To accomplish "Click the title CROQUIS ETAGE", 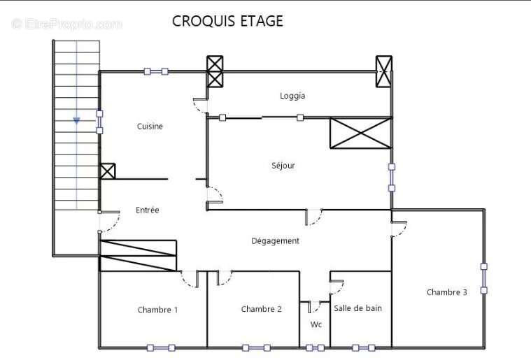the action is pyautogui.click(x=227, y=21).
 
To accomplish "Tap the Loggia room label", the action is pyautogui.click(x=292, y=96).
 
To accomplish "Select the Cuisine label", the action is pyautogui.click(x=150, y=127).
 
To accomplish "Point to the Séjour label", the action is pyautogui.click(x=283, y=166).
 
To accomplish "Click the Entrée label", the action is pyautogui.click(x=148, y=210).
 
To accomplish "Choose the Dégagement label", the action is pyautogui.click(x=275, y=241).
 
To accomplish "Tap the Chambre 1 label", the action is pyautogui.click(x=157, y=310).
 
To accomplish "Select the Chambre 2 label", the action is pyautogui.click(x=261, y=309).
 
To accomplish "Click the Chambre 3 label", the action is pyautogui.click(x=446, y=292).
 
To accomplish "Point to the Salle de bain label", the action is pyautogui.click(x=357, y=308).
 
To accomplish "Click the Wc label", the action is pyautogui.click(x=316, y=324).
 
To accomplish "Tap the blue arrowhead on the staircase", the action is pyautogui.click(x=76, y=121).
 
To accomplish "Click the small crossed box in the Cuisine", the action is pyautogui.click(x=108, y=171).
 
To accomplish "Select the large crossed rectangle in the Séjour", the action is pyautogui.click(x=361, y=133).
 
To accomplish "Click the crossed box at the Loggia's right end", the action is pyautogui.click(x=383, y=71).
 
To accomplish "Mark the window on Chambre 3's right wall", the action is pyautogui.click(x=484, y=278).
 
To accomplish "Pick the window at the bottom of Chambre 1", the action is pyautogui.click(x=161, y=348).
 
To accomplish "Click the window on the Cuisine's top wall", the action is pyautogui.click(x=156, y=71).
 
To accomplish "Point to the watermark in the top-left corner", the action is pyautogui.click(x=66, y=24).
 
